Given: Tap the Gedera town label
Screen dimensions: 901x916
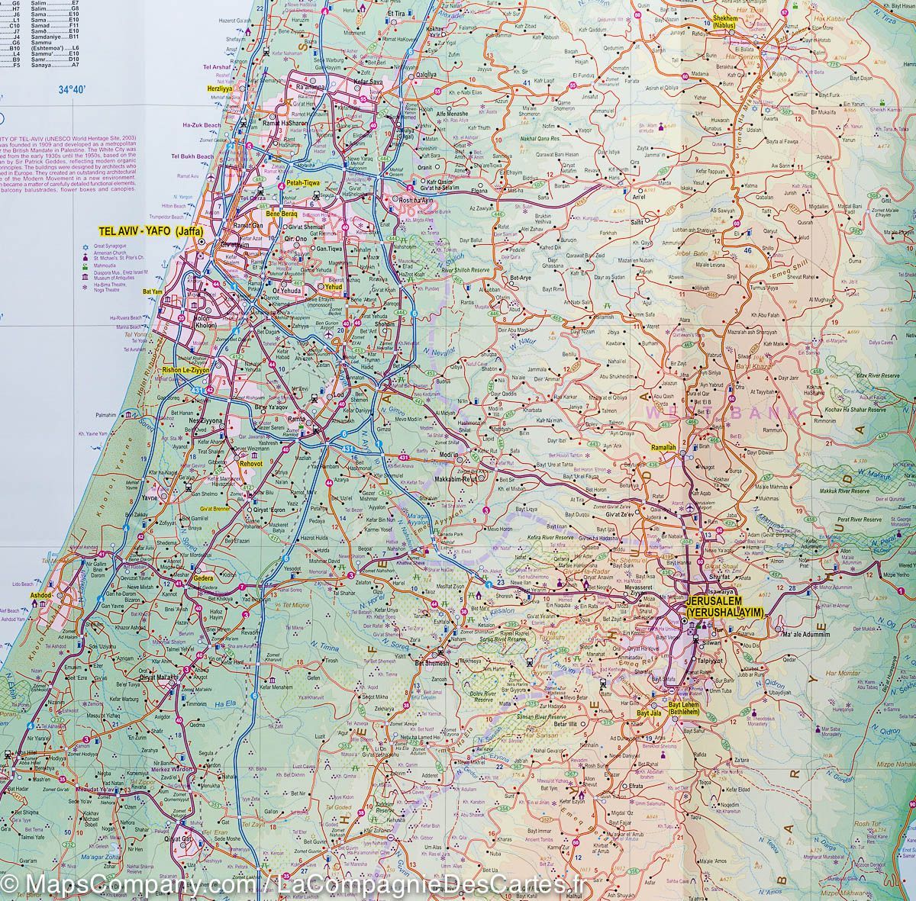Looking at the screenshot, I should (204, 578).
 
